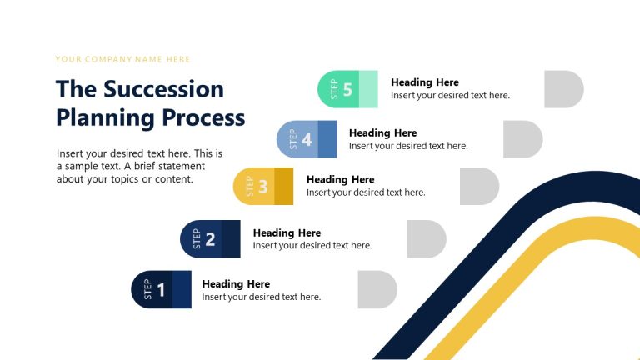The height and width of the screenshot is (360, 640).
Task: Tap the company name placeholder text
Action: click(x=122, y=59)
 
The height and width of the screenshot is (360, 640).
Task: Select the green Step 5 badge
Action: click(x=347, y=89)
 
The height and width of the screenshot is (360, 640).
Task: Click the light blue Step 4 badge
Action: click(x=307, y=139)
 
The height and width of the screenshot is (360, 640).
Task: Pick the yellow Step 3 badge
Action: click(x=262, y=186)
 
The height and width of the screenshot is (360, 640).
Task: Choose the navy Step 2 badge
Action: click(x=210, y=239)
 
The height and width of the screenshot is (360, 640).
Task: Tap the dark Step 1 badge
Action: click(x=161, y=289)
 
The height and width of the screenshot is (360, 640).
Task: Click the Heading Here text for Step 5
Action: click(x=425, y=82)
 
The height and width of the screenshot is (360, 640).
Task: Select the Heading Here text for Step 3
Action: click(x=341, y=179)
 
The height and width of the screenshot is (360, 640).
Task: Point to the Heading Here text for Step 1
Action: click(x=236, y=284)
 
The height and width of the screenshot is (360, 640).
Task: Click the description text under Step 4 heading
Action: click(x=408, y=146)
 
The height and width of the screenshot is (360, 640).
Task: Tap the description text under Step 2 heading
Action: click(x=312, y=246)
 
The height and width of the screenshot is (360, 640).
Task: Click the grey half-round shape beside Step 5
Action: click(x=563, y=89)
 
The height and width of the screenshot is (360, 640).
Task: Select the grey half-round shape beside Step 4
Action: click(x=522, y=139)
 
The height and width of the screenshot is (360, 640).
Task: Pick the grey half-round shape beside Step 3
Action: click(x=479, y=186)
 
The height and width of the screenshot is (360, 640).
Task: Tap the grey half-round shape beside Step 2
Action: click(x=426, y=239)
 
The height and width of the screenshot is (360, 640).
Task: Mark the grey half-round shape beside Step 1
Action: click(x=377, y=289)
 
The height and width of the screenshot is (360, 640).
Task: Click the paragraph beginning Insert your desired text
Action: click(x=139, y=166)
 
